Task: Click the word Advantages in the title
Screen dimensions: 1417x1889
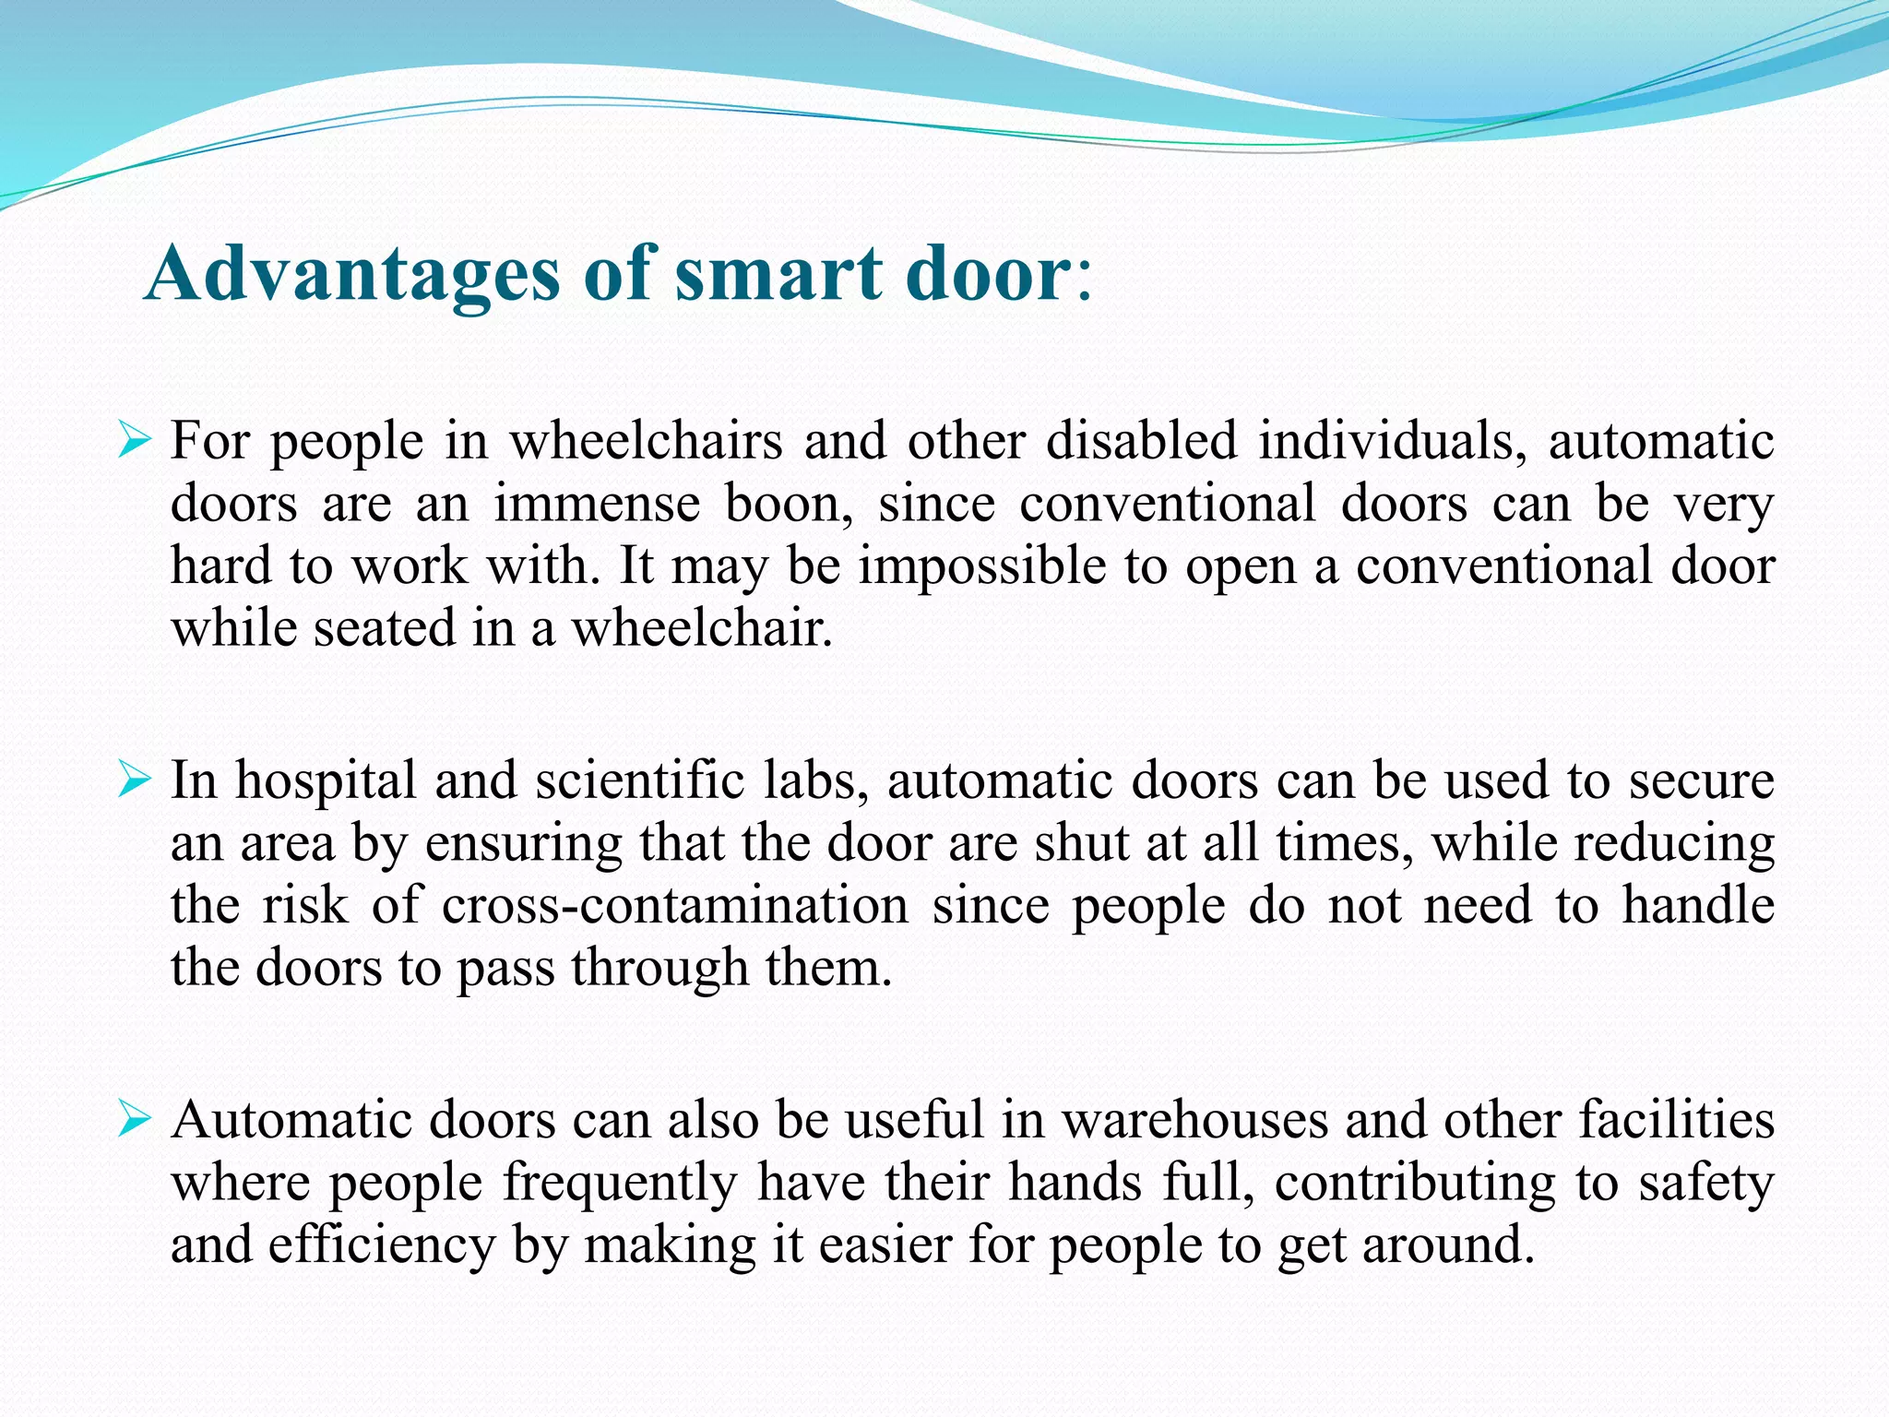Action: coord(351,274)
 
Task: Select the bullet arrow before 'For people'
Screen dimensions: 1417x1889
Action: coord(134,442)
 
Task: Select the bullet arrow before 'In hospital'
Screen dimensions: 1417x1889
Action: coord(134,781)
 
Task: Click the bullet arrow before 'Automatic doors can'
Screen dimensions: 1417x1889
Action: coord(134,1121)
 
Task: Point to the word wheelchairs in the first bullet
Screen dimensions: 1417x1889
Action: coord(646,440)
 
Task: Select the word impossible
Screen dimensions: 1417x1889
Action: coord(981,566)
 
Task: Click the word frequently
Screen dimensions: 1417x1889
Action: coord(620,1184)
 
